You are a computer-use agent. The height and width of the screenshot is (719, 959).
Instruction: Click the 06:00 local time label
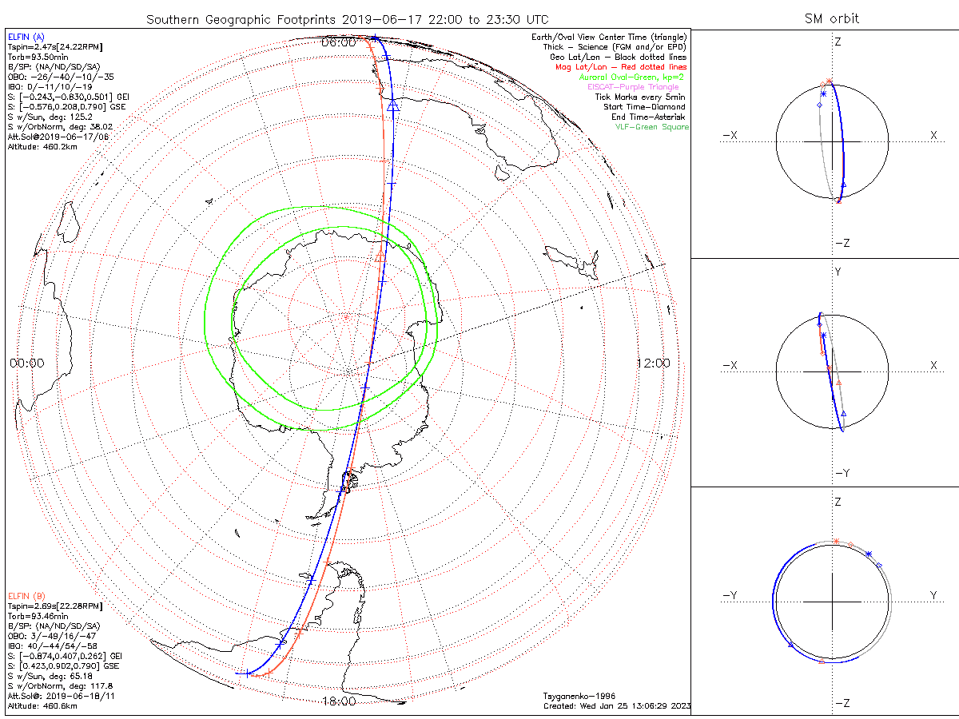coord(338,42)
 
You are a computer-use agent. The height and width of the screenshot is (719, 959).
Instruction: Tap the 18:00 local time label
coord(338,701)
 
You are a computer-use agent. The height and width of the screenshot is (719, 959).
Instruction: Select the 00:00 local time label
coord(27,363)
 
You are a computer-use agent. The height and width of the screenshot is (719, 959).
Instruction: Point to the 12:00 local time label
coord(653,363)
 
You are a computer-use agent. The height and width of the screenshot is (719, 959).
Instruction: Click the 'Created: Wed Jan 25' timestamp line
coord(616,706)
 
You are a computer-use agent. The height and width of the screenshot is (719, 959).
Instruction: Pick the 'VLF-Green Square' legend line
coord(651,127)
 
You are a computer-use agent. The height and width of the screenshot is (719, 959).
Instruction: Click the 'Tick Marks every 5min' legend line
coord(640,97)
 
